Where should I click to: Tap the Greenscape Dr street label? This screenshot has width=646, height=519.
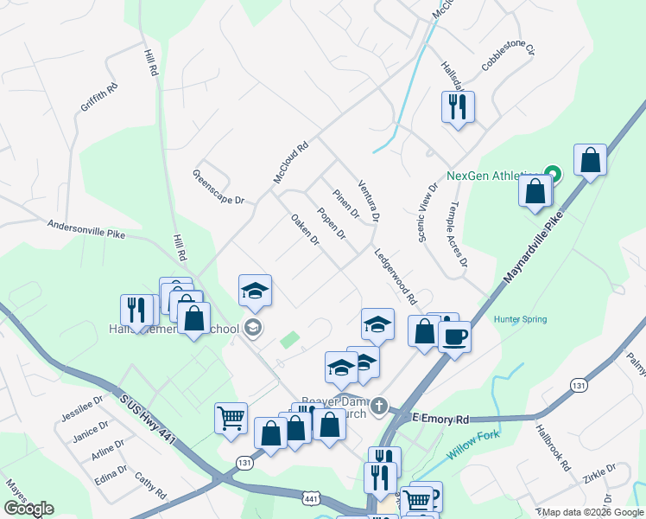point(218,187)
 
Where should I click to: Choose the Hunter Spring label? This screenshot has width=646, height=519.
point(520,319)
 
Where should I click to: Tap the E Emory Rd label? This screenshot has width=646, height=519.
point(440,419)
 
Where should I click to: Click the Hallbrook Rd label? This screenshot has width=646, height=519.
point(553,446)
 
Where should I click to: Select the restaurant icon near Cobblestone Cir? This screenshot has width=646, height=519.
point(457,107)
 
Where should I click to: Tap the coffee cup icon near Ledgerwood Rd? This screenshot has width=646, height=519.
point(454,336)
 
